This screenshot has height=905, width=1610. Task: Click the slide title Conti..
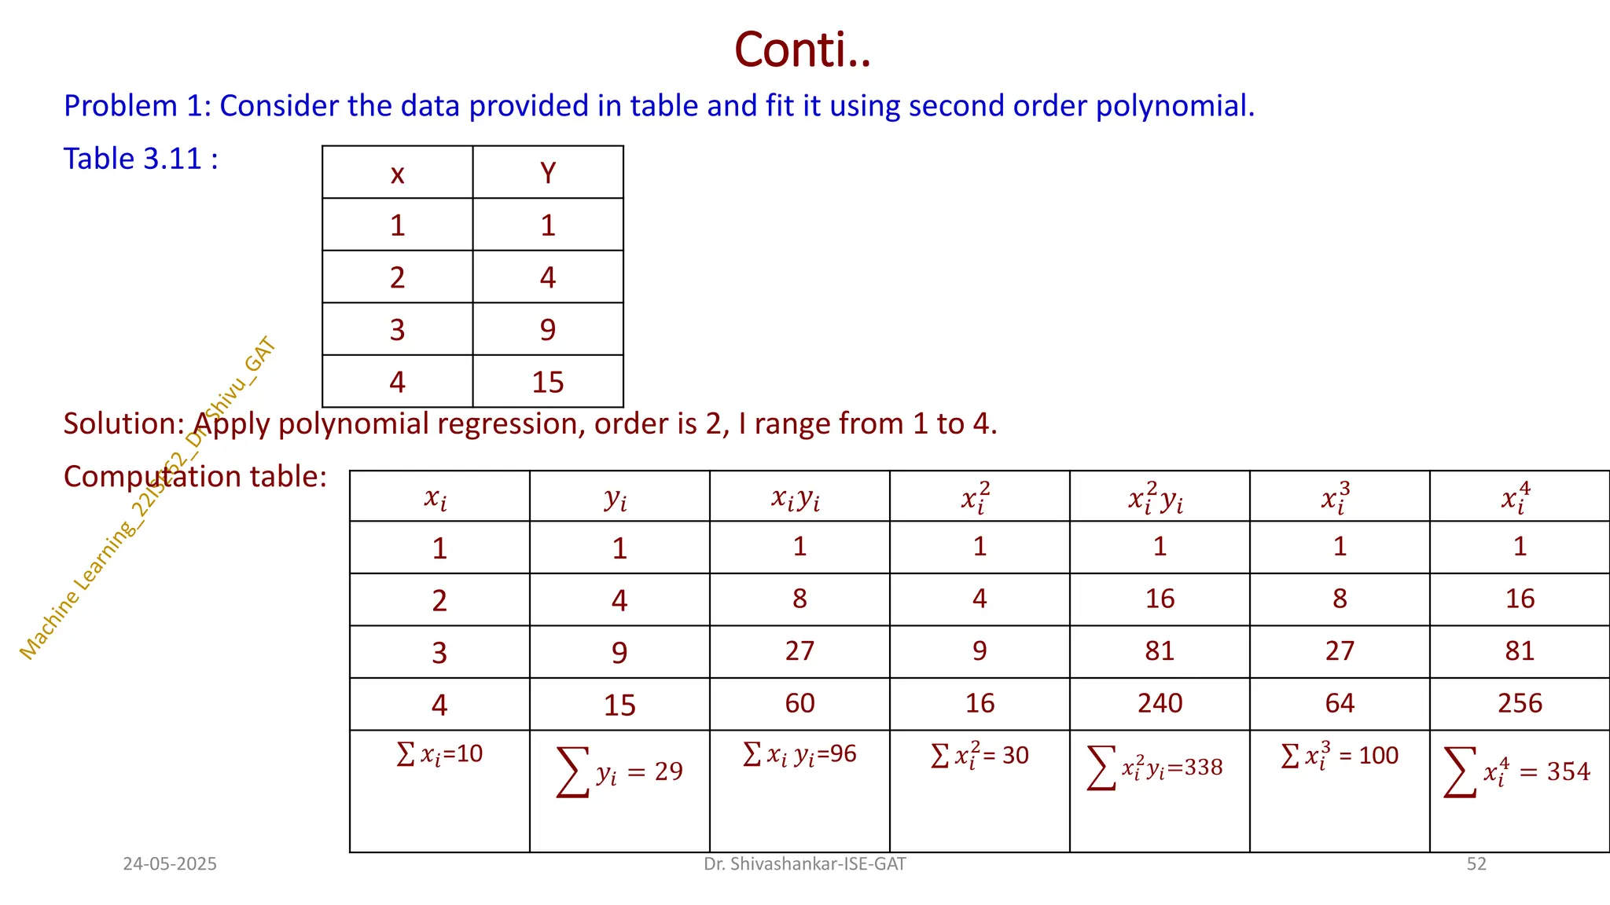pyautogui.click(x=803, y=49)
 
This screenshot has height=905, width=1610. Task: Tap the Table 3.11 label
pyautogui.click(x=141, y=159)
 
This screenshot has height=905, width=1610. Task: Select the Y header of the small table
pyautogui.click(x=548, y=173)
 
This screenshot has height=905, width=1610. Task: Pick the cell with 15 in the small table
pyautogui.click(x=548, y=383)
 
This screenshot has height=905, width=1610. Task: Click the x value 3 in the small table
pyautogui.click(x=397, y=330)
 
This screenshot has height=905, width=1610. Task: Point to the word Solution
pyautogui.click(x=123, y=424)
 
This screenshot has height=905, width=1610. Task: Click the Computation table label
pyautogui.click(x=195, y=477)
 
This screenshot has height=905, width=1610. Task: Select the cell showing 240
pyautogui.click(x=1160, y=703)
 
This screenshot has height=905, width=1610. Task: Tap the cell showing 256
pyautogui.click(x=1520, y=703)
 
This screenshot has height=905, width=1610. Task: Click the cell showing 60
pyautogui.click(x=799, y=703)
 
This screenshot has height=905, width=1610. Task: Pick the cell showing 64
pyautogui.click(x=1340, y=703)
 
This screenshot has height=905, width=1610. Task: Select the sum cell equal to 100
pyautogui.click(x=1340, y=756)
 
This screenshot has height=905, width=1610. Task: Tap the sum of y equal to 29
pyautogui.click(x=619, y=771)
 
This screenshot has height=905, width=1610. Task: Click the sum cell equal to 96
pyautogui.click(x=799, y=754)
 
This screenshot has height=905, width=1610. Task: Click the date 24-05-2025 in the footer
pyautogui.click(x=170, y=864)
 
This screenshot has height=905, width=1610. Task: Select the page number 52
pyautogui.click(x=1476, y=864)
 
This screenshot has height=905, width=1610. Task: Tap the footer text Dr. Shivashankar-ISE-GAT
pyautogui.click(x=804, y=864)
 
